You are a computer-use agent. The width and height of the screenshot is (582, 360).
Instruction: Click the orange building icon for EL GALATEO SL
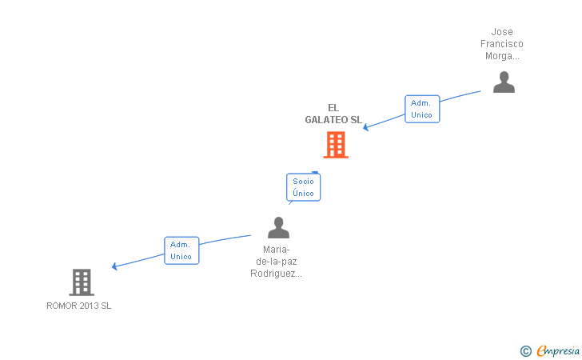[x=336, y=145]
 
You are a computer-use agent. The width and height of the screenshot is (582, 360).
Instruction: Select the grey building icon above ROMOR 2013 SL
[x=82, y=282]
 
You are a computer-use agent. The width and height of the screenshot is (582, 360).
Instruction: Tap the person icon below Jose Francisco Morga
[x=504, y=82]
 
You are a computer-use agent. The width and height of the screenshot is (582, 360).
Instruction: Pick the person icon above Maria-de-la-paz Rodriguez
[x=278, y=228]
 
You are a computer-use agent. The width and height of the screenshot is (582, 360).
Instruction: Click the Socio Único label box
[x=303, y=187]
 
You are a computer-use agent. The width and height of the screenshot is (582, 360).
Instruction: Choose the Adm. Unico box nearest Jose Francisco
[x=421, y=109]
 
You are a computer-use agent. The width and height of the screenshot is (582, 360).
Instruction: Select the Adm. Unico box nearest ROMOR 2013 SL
[x=181, y=250]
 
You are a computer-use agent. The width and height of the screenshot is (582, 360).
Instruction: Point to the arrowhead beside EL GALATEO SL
[x=367, y=127]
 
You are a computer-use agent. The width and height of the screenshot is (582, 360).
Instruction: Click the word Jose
[x=502, y=32]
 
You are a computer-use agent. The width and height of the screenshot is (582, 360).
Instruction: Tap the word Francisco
[x=502, y=44]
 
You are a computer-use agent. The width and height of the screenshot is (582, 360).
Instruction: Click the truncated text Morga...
[x=502, y=56]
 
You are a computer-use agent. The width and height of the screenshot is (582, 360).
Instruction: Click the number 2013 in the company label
[x=89, y=306]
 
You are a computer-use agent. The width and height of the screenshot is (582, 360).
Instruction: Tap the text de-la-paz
[x=277, y=262]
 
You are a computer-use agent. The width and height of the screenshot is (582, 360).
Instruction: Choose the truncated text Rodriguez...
[x=277, y=274]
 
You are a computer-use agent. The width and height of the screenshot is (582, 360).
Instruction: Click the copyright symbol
[x=525, y=350]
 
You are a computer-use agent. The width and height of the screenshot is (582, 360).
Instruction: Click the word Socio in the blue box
[x=303, y=181]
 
